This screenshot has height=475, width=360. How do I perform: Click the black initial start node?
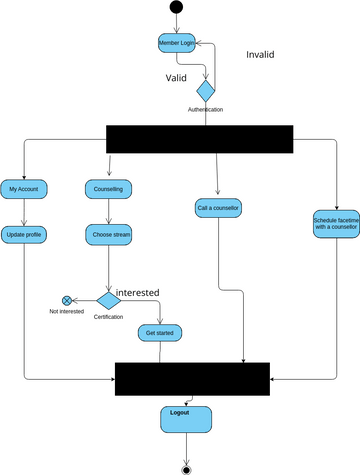point(177,8)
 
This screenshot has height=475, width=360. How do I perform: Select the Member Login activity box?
point(177,44)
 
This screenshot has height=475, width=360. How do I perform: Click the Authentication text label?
point(205,109)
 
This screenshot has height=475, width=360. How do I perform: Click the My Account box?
point(24,189)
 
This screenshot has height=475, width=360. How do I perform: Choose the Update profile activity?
point(24,235)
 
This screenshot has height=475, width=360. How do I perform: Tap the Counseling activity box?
point(108,189)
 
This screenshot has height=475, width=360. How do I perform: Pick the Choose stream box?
point(108,235)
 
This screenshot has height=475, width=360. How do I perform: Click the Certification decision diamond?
point(108,299)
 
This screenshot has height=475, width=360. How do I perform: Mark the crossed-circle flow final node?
point(67,299)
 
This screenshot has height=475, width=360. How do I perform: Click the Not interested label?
point(67,312)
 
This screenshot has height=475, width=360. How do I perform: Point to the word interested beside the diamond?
point(138,292)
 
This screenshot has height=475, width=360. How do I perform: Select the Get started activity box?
point(160,332)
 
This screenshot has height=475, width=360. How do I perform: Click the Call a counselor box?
point(218,208)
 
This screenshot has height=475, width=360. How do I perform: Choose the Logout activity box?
point(179,417)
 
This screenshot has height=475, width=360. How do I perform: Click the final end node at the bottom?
point(186,468)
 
